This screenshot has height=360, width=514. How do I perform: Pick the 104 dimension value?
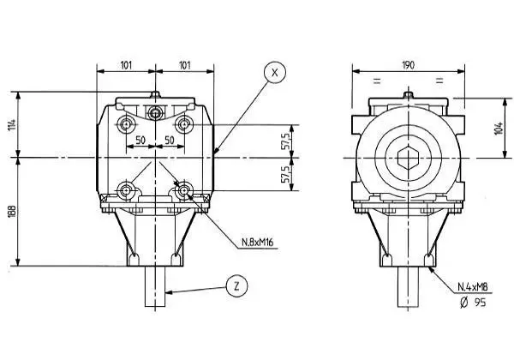(499, 127)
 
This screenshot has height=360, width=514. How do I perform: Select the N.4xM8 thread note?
(474, 286)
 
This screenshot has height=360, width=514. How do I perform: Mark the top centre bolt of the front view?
(155, 113)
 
